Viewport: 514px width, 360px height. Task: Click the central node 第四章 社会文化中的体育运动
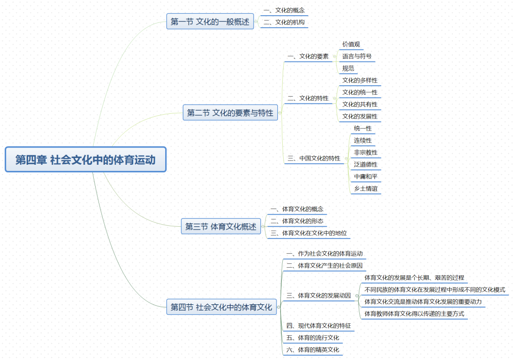coord(86,160)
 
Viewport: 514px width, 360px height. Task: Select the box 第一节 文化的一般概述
coord(210,21)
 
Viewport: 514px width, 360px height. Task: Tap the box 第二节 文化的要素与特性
coord(230,113)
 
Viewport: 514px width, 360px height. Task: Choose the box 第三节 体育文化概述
coord(221,227)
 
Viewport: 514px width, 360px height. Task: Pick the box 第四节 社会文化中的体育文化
coord(221,307)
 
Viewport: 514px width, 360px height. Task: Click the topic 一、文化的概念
coord(284,10)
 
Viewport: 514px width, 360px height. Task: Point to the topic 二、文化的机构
coord(284,22)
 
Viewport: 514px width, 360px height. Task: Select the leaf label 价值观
coord(351,44)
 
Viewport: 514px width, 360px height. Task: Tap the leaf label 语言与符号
coord(357,56)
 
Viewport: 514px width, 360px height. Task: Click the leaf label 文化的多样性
coord(360,80)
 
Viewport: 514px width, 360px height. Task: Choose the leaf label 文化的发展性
coord(360,116)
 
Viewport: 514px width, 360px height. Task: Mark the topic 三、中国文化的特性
coord(314,158)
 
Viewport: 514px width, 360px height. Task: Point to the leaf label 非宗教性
coord(366,152)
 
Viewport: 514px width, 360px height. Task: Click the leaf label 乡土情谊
coord(366,189)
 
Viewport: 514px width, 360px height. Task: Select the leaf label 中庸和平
coord(366,177)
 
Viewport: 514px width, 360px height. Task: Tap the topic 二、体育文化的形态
coord(297,221)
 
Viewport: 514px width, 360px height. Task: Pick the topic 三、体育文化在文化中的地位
coord(309,233)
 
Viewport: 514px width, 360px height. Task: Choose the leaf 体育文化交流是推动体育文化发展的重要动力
coord(423,301)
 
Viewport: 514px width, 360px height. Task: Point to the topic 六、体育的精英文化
coord(313,350)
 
